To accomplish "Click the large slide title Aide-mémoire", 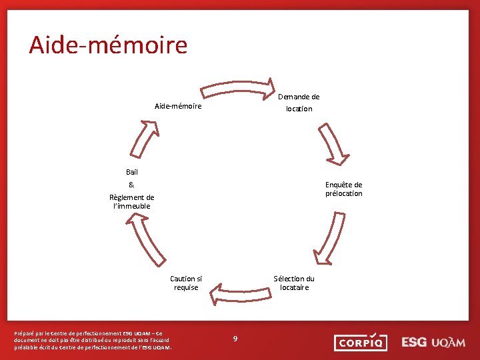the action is coord(108,45).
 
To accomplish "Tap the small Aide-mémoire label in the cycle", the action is coord(178,106).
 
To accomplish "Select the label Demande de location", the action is coord(298,103).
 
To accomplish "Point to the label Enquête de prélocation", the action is coord(343,189).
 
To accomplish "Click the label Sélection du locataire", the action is coord(294,283).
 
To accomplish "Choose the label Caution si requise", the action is coord(186,283).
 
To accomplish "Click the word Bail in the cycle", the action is coord(132,172).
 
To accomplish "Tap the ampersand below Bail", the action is coord(131,185).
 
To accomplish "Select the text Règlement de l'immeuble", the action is coord(131,201).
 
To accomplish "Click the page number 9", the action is coord(235,339).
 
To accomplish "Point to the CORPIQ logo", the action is coord(360,343).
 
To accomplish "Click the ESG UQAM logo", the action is coord(433,342).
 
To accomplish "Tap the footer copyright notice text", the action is coord(93,340).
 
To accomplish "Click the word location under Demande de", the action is coord(299,109).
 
